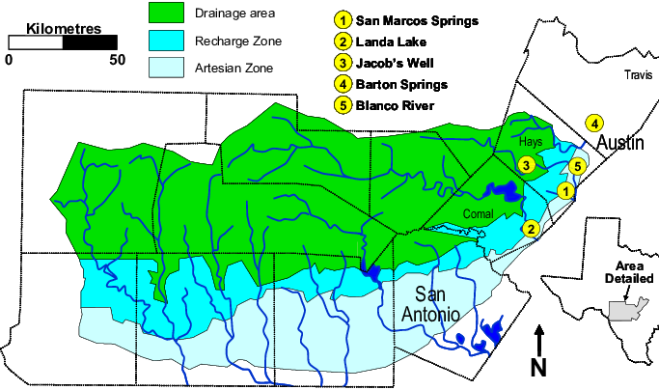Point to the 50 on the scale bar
click(x=118, y=60)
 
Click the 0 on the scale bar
click(x=8, y=60)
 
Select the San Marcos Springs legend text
click(x=417, y=20)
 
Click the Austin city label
click(x=618, y=144)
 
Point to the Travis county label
click(x=640, y=74)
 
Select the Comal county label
click(x=479, y=213)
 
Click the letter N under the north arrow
click(x=538, y=367)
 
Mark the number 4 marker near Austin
click(x=594, y=123)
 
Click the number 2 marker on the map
click(x=530, y=229)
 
